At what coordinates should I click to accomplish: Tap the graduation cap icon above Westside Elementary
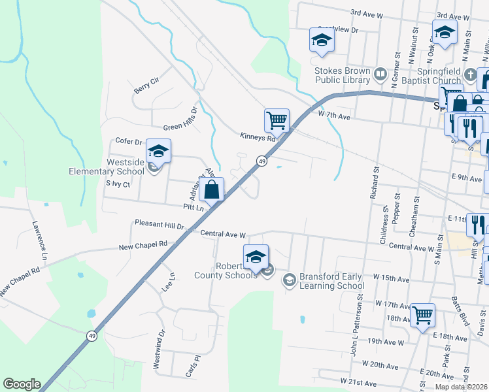click(158, 151)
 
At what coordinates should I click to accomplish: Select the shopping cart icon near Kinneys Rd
click(277, 120)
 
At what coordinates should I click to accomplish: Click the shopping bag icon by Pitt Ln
click(212, 190)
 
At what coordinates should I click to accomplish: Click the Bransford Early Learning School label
click(332, 281)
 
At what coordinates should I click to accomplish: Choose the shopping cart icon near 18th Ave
click(422, 314)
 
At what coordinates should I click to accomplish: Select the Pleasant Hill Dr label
click(160, 223)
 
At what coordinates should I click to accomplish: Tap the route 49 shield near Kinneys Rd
click(261, 161)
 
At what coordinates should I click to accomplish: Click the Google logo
click(22, 384)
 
